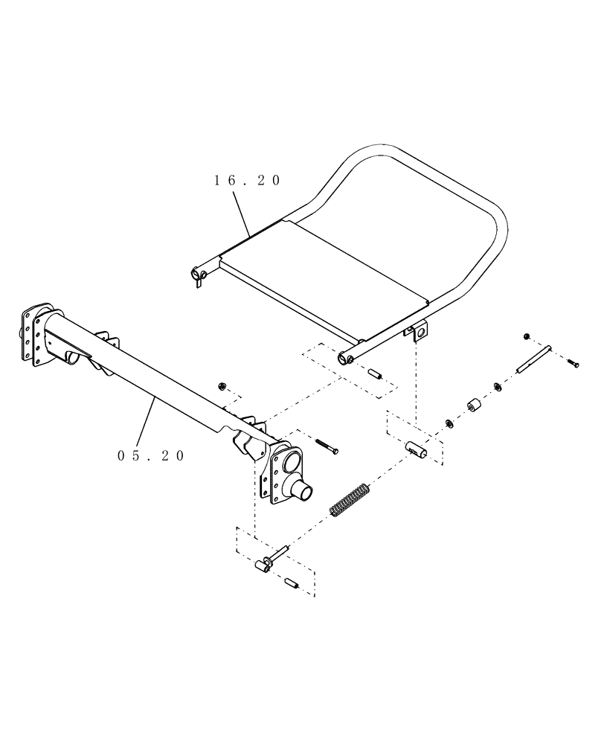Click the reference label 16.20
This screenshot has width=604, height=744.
point(247,181)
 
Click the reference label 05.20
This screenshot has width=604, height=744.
point(151,456)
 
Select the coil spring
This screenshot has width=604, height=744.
point(349,501)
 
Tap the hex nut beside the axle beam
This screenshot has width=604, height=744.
point(222,385)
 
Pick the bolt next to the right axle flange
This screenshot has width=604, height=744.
point(327,446)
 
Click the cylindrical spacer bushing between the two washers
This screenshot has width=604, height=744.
point(471,407)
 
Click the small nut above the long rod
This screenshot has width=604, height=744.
point(527,336)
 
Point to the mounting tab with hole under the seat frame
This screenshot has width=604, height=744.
point(419,331)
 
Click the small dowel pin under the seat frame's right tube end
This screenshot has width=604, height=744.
point(376,373)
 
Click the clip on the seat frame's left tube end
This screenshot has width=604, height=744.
point(199,277)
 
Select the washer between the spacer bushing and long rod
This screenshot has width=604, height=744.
point(496,387)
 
